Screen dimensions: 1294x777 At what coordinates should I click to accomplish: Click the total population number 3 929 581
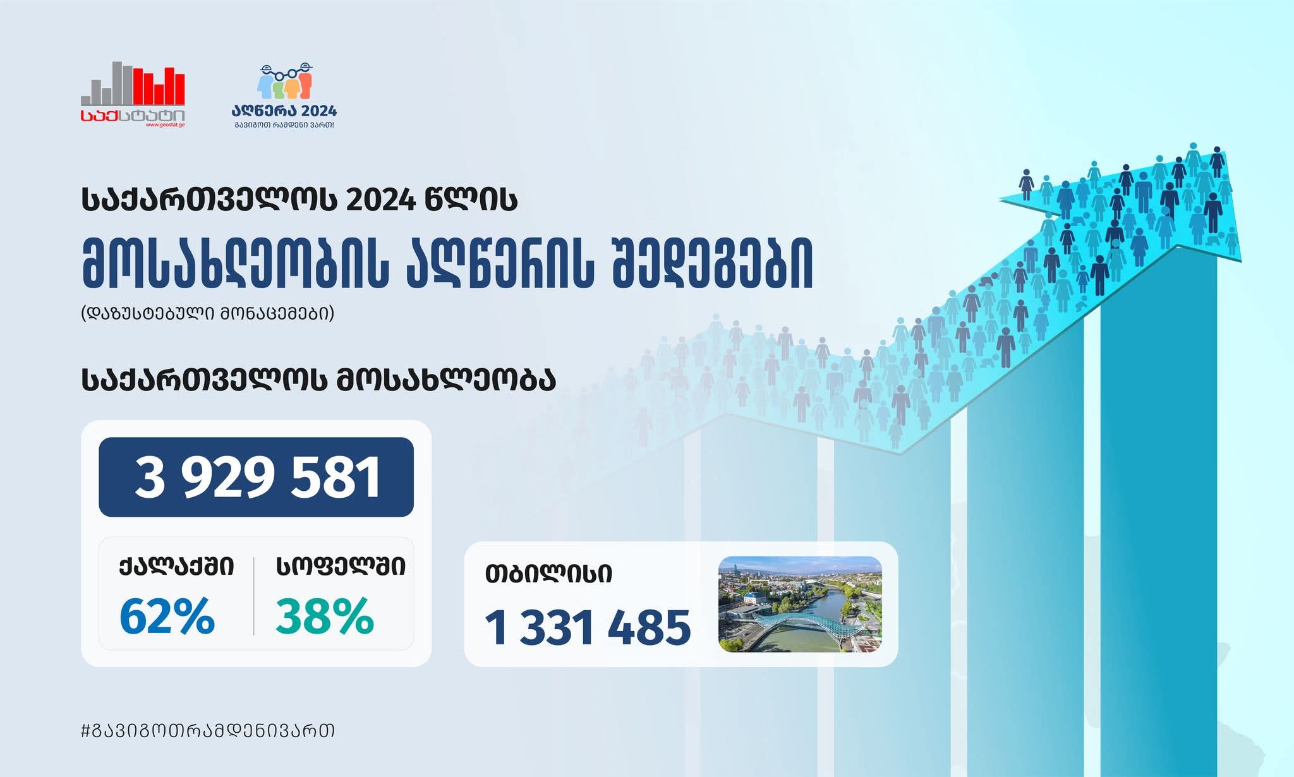[x=258, y=478]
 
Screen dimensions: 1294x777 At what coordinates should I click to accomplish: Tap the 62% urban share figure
[x=167, y=617]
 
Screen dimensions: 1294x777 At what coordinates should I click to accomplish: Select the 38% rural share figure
[x=325, y=617]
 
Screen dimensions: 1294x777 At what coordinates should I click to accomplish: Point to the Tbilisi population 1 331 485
[x=588, y=628]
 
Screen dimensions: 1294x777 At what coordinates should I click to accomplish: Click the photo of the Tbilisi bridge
[x=800, y=604]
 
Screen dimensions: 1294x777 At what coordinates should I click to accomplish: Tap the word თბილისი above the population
[x=548, y=574]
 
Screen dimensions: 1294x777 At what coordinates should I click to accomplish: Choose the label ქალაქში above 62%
[x=177, y=567]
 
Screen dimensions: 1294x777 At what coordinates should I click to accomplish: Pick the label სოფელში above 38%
[x=341, y=567]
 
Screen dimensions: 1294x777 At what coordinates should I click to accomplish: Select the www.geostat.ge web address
[x=165, y=125]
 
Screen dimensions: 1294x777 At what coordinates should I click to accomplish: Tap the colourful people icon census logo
[x=286, y=81]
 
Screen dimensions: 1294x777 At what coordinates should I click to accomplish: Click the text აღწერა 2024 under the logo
[x=284, y=111]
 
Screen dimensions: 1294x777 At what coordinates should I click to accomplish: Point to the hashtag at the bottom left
[x=208, y=731]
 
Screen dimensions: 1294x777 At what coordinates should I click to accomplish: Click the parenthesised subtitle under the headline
[x=207, y=314]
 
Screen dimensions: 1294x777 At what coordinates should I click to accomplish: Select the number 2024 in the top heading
[x=381, y=200]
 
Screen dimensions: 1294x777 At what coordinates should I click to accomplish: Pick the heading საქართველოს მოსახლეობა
[x=318, y=380]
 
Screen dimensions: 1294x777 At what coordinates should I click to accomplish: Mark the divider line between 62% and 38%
[x=254, y=596]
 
